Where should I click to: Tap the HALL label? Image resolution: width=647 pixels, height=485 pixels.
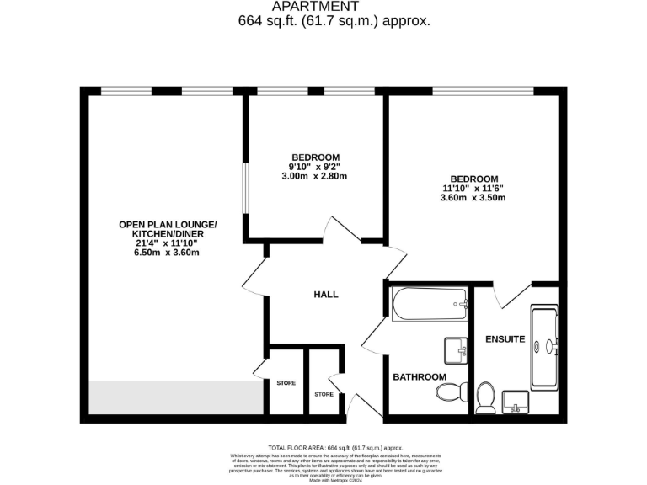326,295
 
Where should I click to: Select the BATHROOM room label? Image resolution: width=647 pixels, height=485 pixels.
419,377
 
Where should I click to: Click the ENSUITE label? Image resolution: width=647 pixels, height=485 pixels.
505,339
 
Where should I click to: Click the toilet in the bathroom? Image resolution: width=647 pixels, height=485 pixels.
450,392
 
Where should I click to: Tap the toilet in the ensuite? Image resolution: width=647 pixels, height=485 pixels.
485,397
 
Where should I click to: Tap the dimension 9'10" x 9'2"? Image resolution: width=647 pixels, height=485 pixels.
316,167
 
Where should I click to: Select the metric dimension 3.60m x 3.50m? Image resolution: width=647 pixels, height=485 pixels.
473,198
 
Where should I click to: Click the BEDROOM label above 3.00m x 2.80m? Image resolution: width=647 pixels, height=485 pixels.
316,157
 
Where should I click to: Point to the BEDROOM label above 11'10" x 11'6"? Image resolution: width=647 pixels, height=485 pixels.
473,179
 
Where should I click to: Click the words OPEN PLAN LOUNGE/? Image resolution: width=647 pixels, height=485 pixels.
168,224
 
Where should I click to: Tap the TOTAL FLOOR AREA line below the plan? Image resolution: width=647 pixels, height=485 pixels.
335,447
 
